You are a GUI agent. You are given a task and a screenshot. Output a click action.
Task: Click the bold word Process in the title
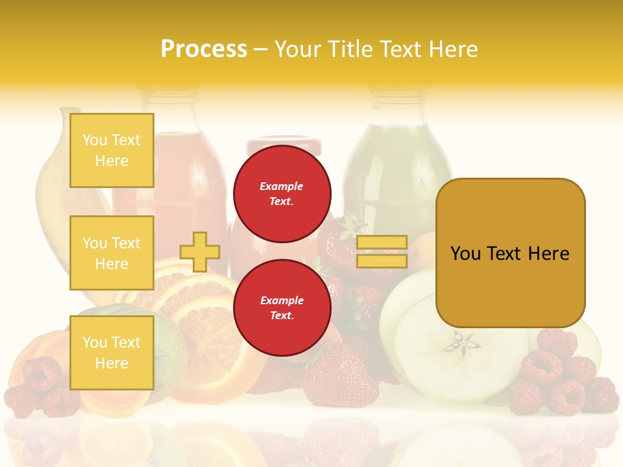204,49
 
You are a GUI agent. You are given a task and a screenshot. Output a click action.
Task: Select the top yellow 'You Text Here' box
112,150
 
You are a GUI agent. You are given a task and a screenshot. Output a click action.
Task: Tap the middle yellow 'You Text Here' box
112,253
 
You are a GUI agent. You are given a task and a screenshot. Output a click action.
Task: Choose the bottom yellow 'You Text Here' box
112,353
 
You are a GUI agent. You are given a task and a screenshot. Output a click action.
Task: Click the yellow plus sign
200,252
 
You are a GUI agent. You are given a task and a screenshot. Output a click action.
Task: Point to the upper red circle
282,194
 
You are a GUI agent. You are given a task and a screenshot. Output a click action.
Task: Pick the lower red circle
282,308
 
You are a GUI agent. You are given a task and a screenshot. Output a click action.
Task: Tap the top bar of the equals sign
382,243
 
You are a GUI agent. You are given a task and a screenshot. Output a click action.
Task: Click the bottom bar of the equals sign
382,261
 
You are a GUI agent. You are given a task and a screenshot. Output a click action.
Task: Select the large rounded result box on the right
510,253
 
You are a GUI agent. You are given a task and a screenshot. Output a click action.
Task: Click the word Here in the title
453,49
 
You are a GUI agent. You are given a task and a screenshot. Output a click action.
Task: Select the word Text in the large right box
509,254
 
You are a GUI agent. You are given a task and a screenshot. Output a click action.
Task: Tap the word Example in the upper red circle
281,186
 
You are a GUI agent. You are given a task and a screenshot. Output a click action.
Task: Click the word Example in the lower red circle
282,300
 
